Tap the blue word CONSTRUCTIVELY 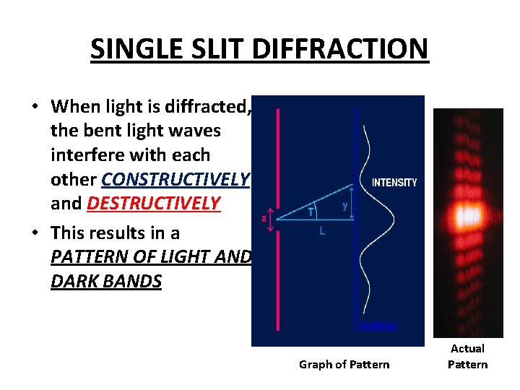tap(176, 179)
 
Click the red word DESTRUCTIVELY tap(153, 203)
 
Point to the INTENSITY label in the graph tap(394, 183)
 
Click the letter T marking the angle tap(311, 212)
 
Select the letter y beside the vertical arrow tap(344, 205)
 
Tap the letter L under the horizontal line tap(321, 231)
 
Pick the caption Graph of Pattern tap(344, 364)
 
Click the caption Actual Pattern tap(467, 356)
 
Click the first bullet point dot tap(34, 108)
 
